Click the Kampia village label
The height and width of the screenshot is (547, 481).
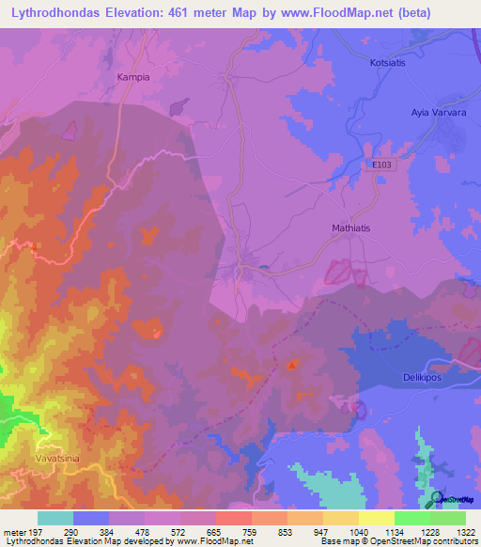click(x=132, y=78)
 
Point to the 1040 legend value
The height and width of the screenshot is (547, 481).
click(x=359, y=532)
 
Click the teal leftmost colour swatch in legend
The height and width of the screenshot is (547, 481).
click(x=55, y=518)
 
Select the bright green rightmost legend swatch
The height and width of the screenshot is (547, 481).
click(x=448, y=518)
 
